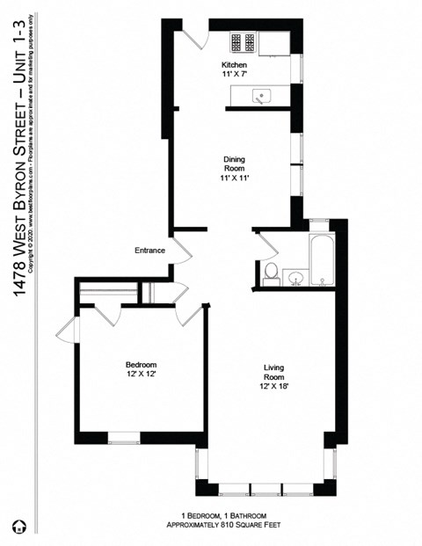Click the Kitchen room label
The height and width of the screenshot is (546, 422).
pos(234,65)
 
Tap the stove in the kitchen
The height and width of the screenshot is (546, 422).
pos(243,41)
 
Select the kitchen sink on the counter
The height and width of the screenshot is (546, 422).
pos(261,96)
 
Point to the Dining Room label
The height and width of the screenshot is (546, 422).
pos(234,164)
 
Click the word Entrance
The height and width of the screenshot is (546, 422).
pos(149,251)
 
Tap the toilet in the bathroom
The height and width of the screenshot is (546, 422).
pos(273,272)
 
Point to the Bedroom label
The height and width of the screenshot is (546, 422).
pos(141,365)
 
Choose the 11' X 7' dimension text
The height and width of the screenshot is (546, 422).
pos(234,76)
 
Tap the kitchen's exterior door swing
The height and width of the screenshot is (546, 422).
pos(195,38)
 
